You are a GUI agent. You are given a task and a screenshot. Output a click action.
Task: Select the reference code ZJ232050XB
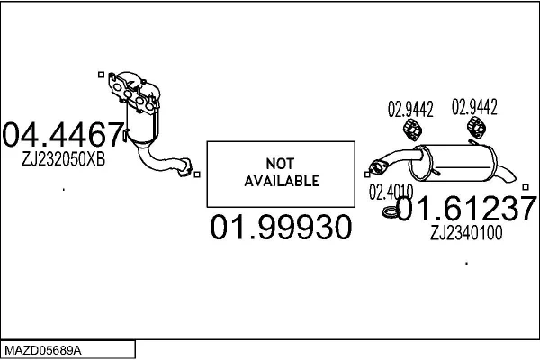(63, 159)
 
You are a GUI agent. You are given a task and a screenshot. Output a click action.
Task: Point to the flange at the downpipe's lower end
(186, 167)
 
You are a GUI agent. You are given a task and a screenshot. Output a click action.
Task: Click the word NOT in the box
(282, 163)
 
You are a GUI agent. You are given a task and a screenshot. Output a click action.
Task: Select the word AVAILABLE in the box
(282, 181)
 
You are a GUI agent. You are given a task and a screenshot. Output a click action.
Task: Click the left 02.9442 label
(410, 111)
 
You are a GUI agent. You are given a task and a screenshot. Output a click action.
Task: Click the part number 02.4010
(391, 191)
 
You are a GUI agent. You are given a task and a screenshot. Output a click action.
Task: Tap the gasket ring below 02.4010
(391, 212)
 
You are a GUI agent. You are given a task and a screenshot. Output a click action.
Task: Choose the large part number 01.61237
(467, 210)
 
